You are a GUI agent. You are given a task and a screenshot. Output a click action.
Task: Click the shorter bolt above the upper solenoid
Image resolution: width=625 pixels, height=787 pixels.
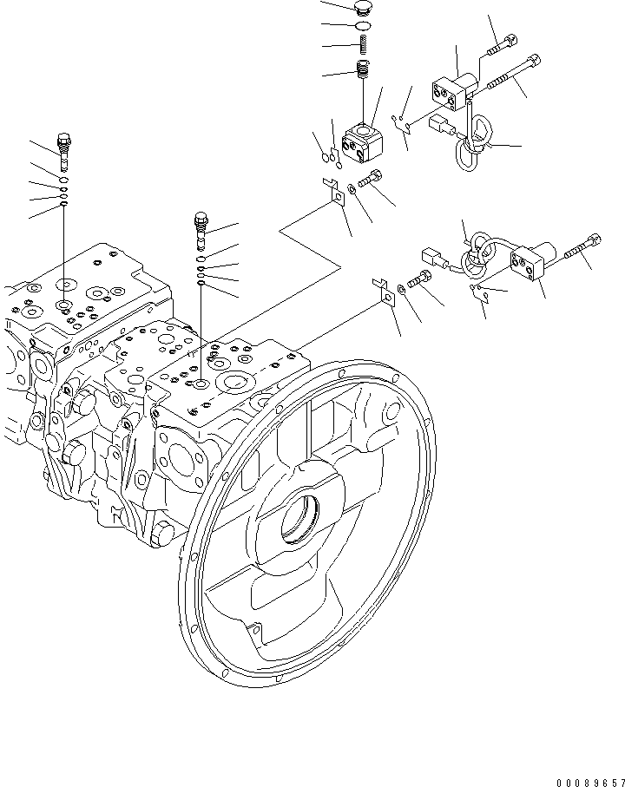(x=502, y=43)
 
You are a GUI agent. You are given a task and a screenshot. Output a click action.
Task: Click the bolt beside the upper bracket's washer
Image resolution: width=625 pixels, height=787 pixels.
(x=372, y=180)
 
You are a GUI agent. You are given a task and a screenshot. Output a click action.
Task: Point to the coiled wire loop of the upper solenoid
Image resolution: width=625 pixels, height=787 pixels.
(x=475, y=143)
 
